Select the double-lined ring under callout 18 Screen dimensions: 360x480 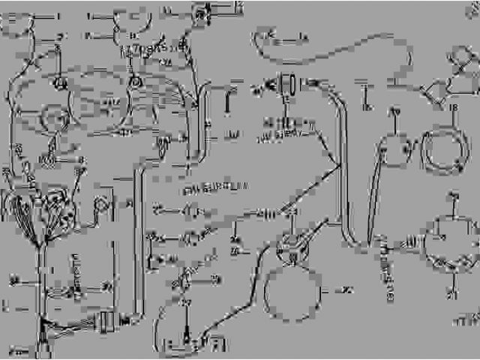point(443,147)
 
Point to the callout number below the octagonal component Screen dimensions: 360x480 point(452,289)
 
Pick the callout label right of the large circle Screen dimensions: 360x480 point(347,289)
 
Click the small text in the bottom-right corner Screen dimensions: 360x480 point(465,321)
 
